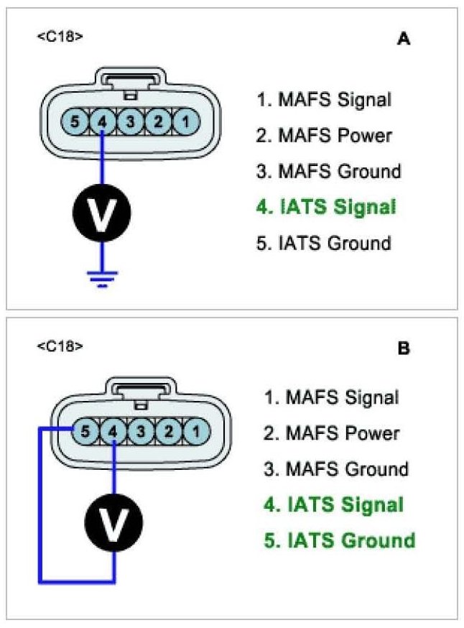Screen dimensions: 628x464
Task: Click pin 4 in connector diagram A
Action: [102, 121]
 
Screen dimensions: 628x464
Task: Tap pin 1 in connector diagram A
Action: [185, 121]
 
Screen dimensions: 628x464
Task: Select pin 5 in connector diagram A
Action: [75, 121]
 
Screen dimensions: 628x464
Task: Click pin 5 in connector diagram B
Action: [85, 432]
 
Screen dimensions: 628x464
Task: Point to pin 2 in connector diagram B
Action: [167, 432]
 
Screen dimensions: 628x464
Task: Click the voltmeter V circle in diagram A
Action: [102, 209]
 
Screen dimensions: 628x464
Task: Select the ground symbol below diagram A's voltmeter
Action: [102, 279]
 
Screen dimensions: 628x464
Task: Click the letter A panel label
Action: [403, 40]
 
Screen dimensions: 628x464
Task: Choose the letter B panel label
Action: [403, 349]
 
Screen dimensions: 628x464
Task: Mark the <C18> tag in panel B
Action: [59, 346]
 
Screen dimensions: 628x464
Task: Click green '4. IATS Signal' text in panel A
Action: [326, 208]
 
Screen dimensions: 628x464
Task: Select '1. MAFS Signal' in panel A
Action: [324, 99]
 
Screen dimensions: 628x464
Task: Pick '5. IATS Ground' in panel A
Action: [324, 243]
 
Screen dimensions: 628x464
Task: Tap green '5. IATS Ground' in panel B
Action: [339, 540]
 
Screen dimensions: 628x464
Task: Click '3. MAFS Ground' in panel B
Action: [336, 469]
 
